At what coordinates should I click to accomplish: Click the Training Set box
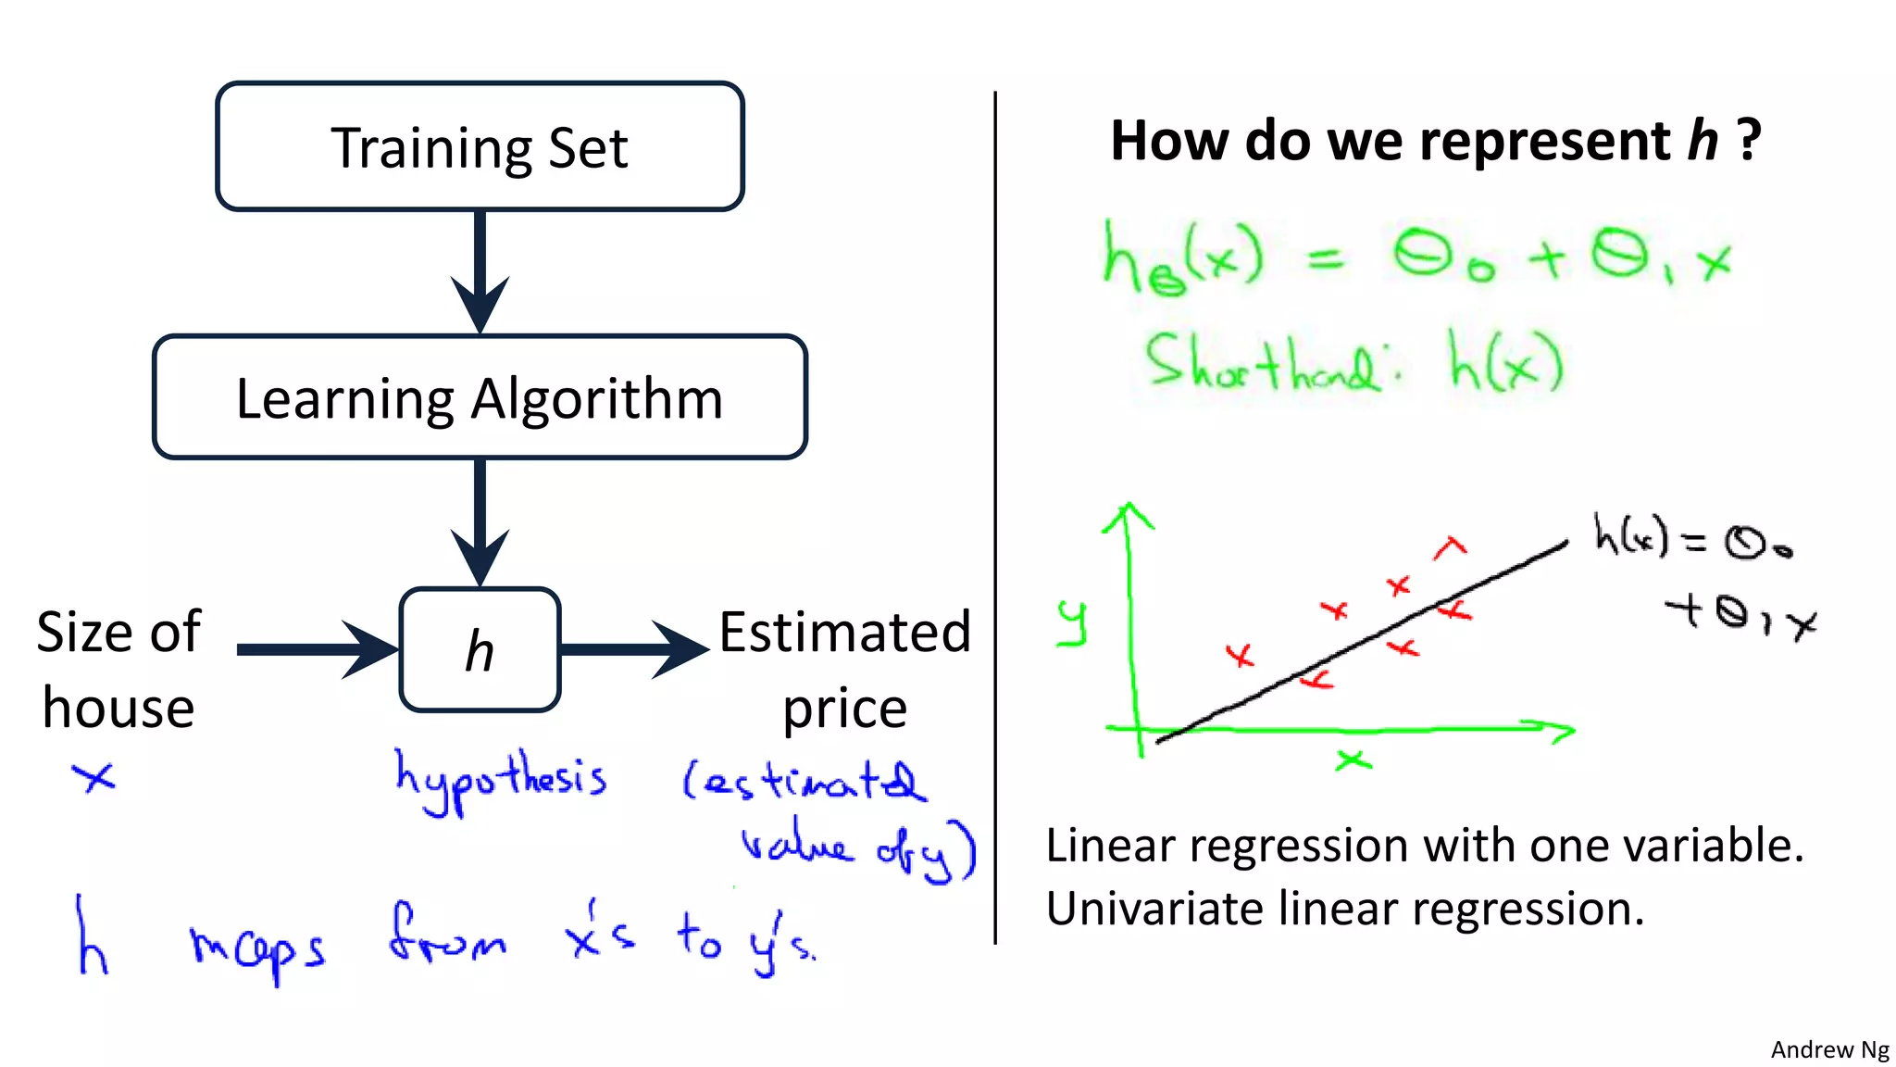[480, 146]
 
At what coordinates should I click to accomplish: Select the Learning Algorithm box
[480, 397]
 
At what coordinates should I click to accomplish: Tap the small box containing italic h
[480, 650]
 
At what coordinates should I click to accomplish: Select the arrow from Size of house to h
[315, 649]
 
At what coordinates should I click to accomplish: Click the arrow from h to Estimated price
[634, 649]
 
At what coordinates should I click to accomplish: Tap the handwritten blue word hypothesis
[501, 782]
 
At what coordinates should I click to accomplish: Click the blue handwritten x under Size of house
[94, 777]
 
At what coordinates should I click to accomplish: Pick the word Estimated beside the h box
[844, 633]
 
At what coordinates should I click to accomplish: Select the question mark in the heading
[1749, 141]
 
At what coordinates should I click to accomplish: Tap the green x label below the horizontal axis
[1353, 760]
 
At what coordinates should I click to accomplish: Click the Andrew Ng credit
[1829, 1049]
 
